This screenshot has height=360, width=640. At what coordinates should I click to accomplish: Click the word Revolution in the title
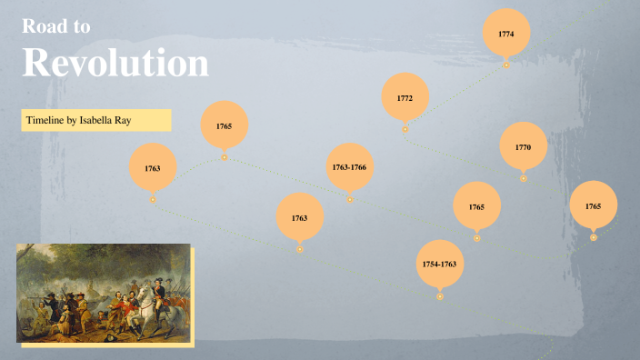click(115, 63)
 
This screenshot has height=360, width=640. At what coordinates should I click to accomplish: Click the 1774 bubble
click(506, 33)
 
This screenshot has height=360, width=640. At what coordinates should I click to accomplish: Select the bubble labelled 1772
click(405, 97)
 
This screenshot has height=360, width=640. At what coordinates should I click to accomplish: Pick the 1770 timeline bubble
click(523, 147)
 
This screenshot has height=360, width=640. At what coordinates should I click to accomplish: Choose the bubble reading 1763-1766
click(349, 167)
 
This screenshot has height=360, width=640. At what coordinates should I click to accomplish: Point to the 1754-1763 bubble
click(439, 264)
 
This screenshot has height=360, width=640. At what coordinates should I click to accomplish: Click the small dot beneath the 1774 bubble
click(506, 65)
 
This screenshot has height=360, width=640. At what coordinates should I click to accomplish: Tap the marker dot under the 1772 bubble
click(405, 129)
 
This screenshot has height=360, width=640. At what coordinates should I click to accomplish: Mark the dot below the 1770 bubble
click(524, 178)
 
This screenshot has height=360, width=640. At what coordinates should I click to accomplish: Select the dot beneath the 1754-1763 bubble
click(440, 295)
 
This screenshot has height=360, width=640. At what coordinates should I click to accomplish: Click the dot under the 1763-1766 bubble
click(350, 199)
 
